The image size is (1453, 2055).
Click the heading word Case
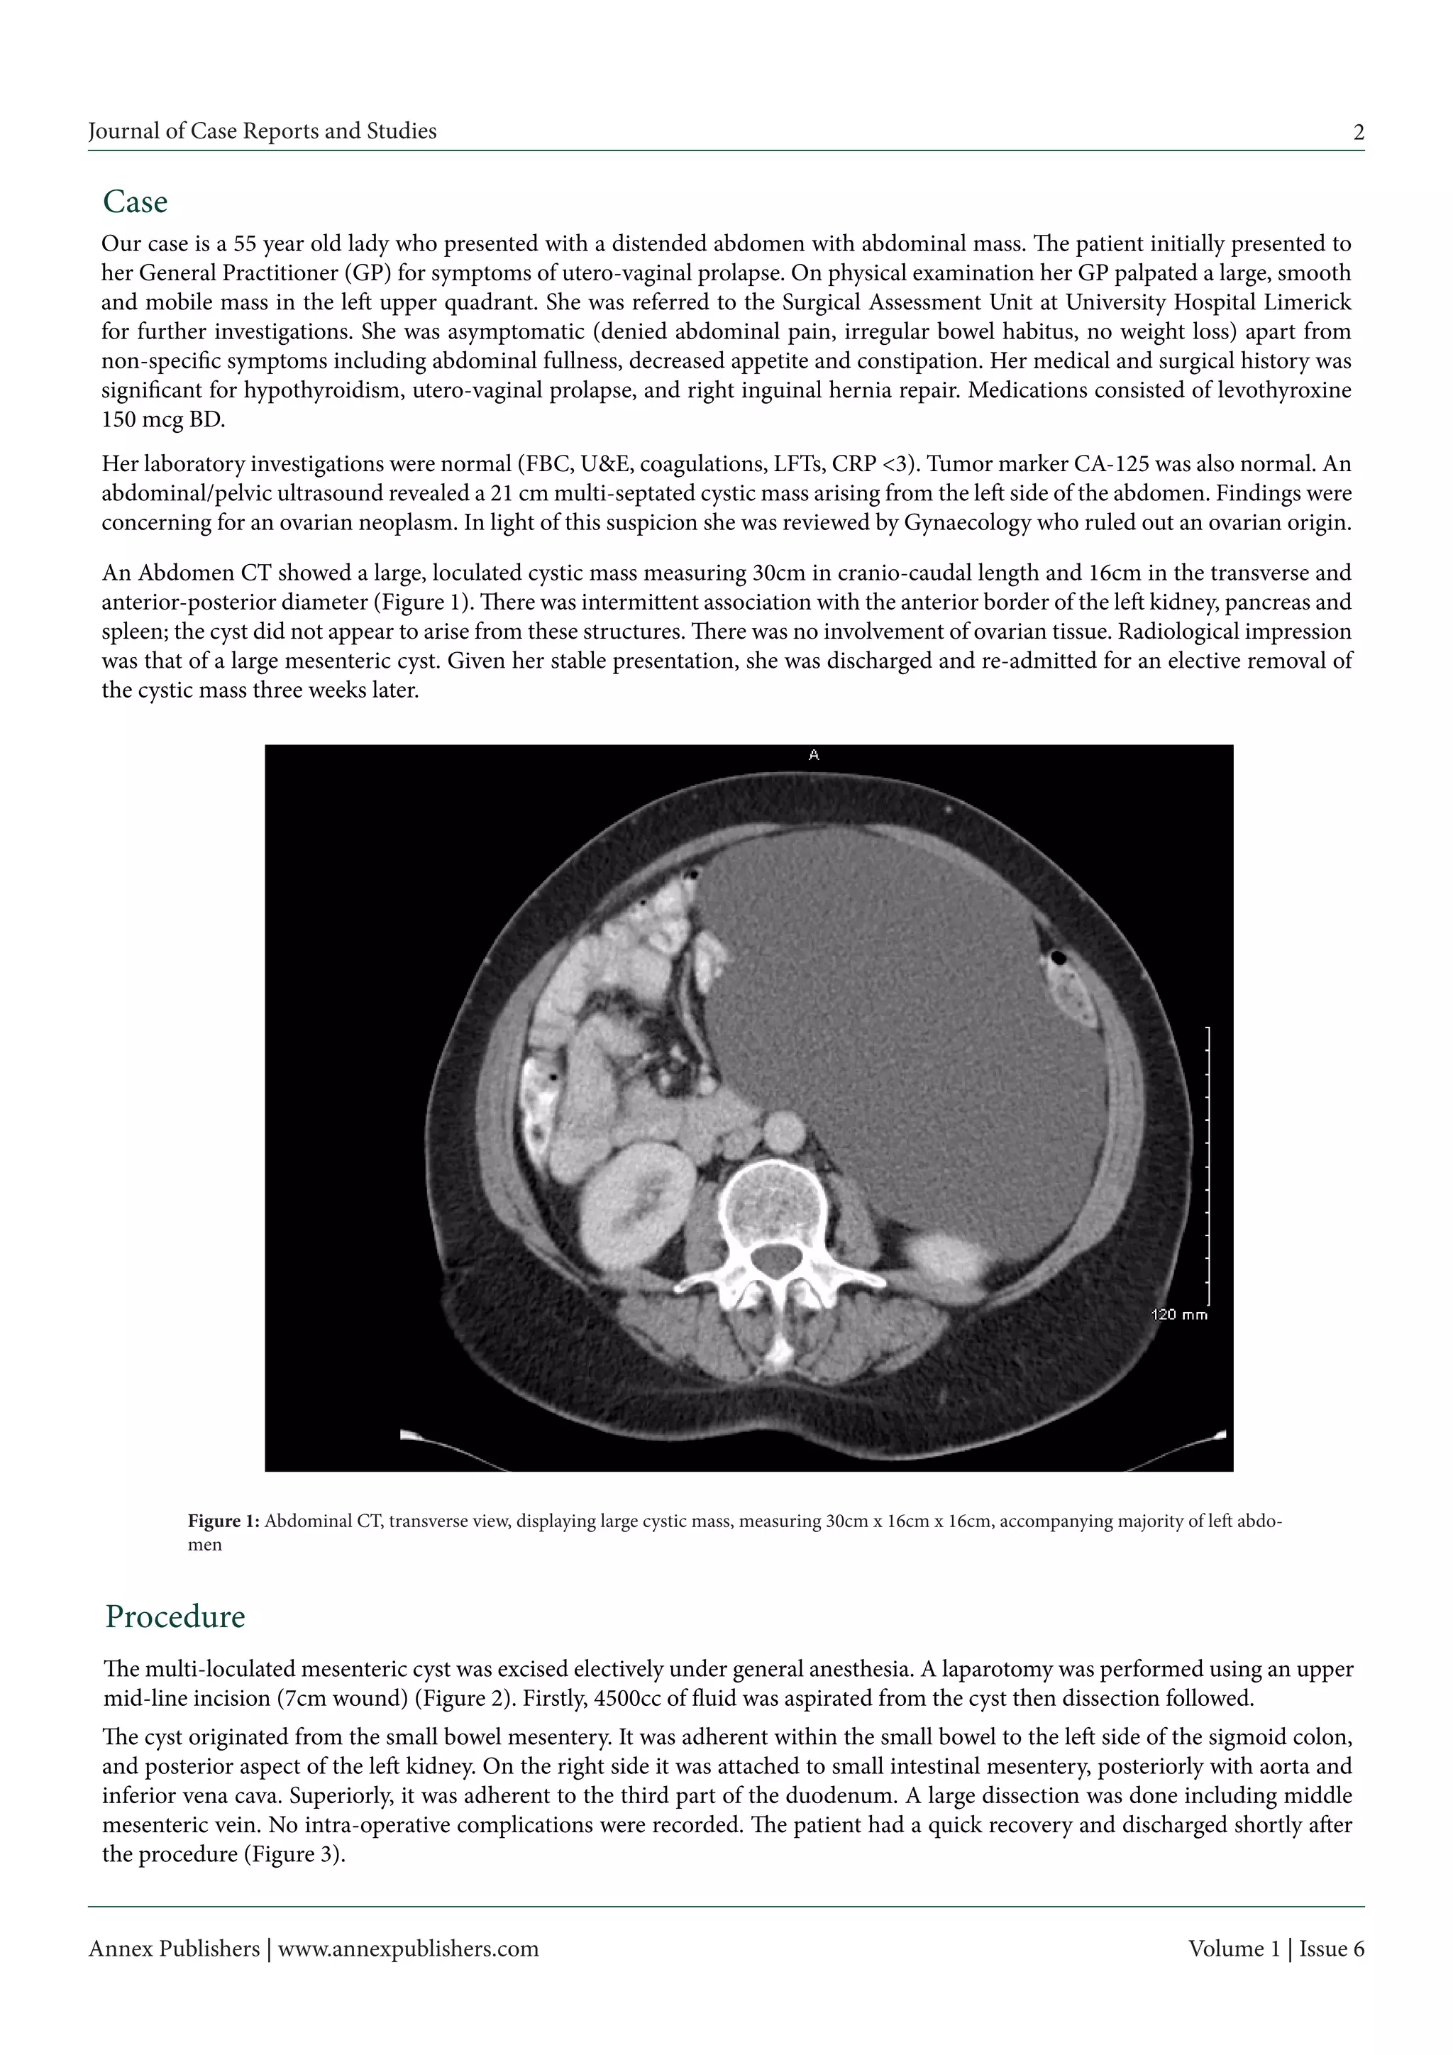click(x=135, y=202)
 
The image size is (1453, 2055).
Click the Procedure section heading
click(x=175, y=1616)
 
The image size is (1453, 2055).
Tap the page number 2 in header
click(x=1358, y=133)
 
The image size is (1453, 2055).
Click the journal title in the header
click(x=262, y=131)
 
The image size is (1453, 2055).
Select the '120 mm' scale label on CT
click(x=1178, y=1315)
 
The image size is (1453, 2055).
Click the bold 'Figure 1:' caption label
click(x=223, y=1521)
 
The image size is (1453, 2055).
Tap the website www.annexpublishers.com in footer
click(x=408, y=1949)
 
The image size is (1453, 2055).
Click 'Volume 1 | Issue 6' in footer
click(x=1276, y=1949)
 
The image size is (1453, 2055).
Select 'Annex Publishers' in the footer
click(x=174, y=1949)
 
